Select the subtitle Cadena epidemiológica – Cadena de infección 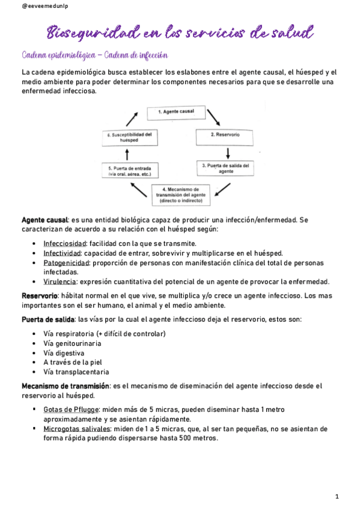(x=94, y=55)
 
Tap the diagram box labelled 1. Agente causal (x=175, y=112)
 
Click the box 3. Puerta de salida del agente (x=225, y=168)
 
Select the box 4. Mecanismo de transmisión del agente (x=181, y=195)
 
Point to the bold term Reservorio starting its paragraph (x=39, y=296)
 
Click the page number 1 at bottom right (x=337, y=496)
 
